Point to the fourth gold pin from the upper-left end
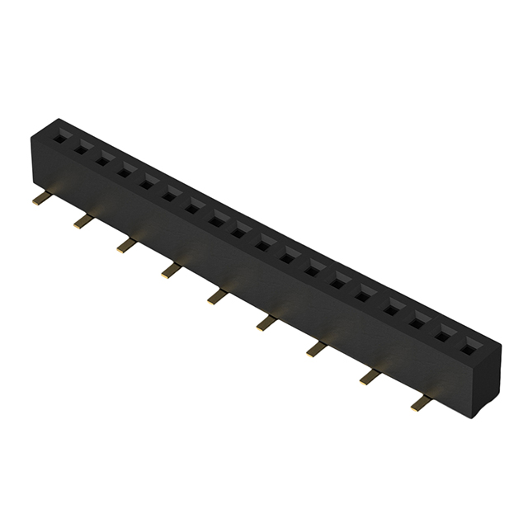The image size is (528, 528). point(171,268)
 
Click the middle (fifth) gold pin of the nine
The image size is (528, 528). point(216,295)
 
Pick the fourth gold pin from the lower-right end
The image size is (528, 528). point(266,322)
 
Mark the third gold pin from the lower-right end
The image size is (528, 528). point(316,349)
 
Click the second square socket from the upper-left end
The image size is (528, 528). point(82,150)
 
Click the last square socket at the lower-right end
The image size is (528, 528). point(470,346)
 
